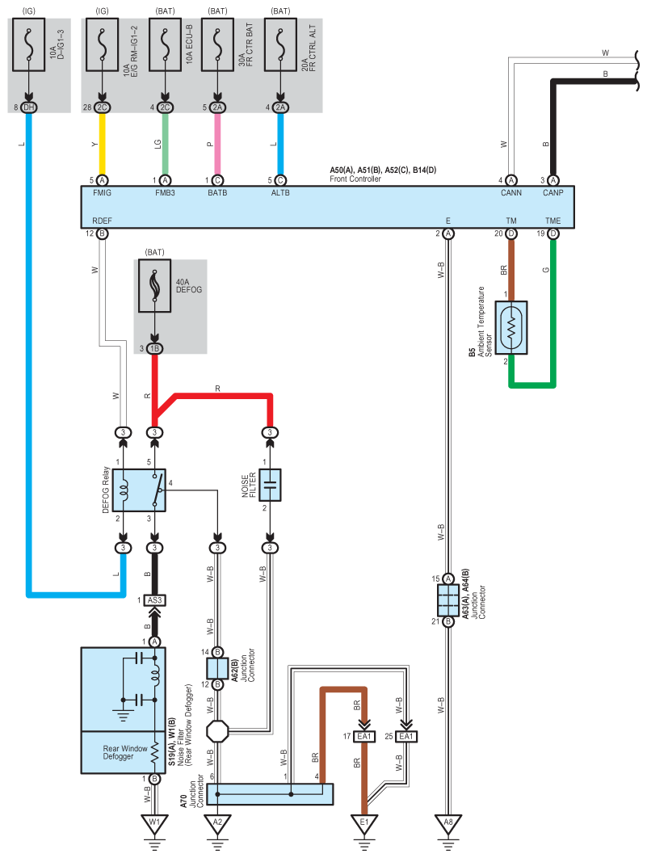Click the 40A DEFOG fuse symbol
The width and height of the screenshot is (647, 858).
(x=155, y=286)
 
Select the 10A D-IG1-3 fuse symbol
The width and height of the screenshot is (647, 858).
(x=28, y=45)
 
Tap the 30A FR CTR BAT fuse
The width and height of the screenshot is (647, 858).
(x=217, y=45)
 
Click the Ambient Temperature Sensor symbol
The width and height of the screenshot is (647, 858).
(x=511, y=328)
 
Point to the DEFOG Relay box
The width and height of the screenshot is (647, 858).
(x=139, y=490)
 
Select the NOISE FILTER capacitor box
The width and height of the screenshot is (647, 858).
(x=270, y=485)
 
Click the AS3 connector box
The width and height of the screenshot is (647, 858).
(x=155, y=600)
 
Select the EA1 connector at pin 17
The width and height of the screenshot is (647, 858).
(x=364, y=737)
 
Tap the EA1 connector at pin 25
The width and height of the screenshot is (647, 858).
(x=406, y=737)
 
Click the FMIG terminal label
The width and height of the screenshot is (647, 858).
(x=103, y=192)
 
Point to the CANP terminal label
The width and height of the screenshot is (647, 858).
(x=553, y=192)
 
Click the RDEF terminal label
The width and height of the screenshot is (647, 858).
(x=103, y=221)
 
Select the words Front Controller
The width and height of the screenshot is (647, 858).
(x=355, y=179)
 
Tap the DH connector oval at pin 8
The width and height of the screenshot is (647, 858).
(x=28, y=107)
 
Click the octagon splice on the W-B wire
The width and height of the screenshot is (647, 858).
(x=217, y=731)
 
